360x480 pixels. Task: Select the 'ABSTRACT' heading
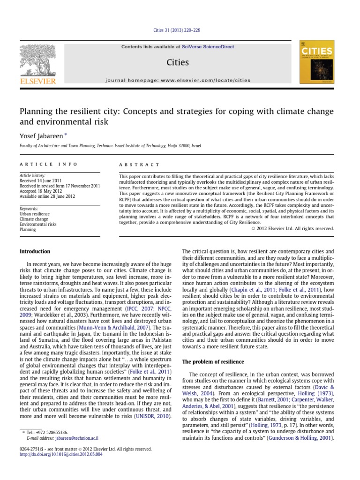(139, 165)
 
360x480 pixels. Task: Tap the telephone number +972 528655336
(51, 432)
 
